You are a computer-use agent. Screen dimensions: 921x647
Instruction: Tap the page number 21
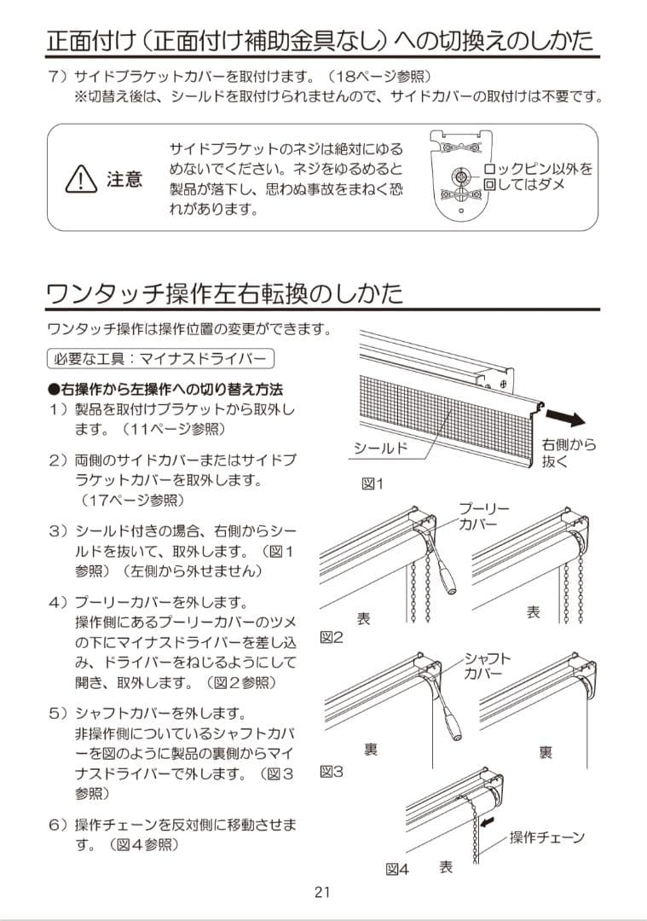[x=322, y=893]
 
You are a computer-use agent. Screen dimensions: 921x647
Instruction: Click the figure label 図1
[x=373, y=484]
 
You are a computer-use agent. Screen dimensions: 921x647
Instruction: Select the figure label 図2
[x=331, y=636]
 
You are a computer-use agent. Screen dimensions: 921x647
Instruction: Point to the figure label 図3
[x=331, y=771]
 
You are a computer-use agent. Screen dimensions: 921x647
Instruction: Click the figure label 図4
[x=397, y=869]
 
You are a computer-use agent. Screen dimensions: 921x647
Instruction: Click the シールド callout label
[x=381, y=449]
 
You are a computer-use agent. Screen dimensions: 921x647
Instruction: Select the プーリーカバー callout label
[x=484, y=516]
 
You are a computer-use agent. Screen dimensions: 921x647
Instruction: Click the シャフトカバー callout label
[x=488, y=665]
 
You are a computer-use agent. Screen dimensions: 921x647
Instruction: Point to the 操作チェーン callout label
[x=546, y=837]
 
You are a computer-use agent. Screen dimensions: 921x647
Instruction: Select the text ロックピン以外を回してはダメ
[x=538, y=177]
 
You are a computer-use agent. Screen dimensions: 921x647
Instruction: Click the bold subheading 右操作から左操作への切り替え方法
[x=165, y=389]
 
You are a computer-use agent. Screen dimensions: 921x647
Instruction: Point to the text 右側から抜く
[x=569, y=453]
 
